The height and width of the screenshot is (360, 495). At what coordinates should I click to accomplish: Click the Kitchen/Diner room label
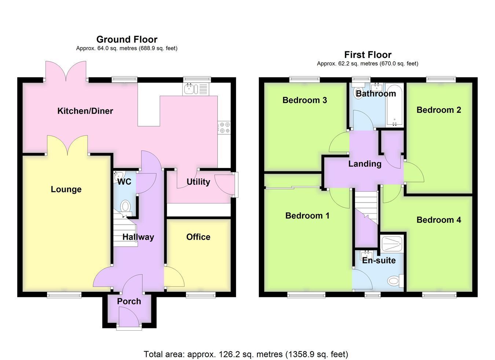85,111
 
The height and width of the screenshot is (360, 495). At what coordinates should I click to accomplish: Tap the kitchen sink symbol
195,89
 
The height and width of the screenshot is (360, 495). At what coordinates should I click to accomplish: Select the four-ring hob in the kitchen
224,128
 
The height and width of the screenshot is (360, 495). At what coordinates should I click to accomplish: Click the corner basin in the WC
118,177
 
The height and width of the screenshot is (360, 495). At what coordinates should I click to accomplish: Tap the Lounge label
66,189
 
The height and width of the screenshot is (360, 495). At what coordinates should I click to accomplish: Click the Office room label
198,237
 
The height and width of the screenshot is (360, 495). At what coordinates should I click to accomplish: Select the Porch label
129,301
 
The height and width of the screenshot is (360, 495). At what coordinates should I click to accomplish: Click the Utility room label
198,182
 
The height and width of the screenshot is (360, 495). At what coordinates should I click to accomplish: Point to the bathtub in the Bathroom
395,105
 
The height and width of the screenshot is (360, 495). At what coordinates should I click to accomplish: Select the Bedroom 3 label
305,100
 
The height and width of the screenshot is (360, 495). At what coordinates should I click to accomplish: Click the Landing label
365,164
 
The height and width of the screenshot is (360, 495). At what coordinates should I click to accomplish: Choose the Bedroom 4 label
439,220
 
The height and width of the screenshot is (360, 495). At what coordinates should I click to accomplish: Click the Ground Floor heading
127,39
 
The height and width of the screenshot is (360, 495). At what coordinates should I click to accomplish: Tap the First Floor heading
368,54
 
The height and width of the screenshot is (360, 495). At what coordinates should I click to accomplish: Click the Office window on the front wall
201,295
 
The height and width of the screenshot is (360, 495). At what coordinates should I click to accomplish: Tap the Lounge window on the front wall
64,295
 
